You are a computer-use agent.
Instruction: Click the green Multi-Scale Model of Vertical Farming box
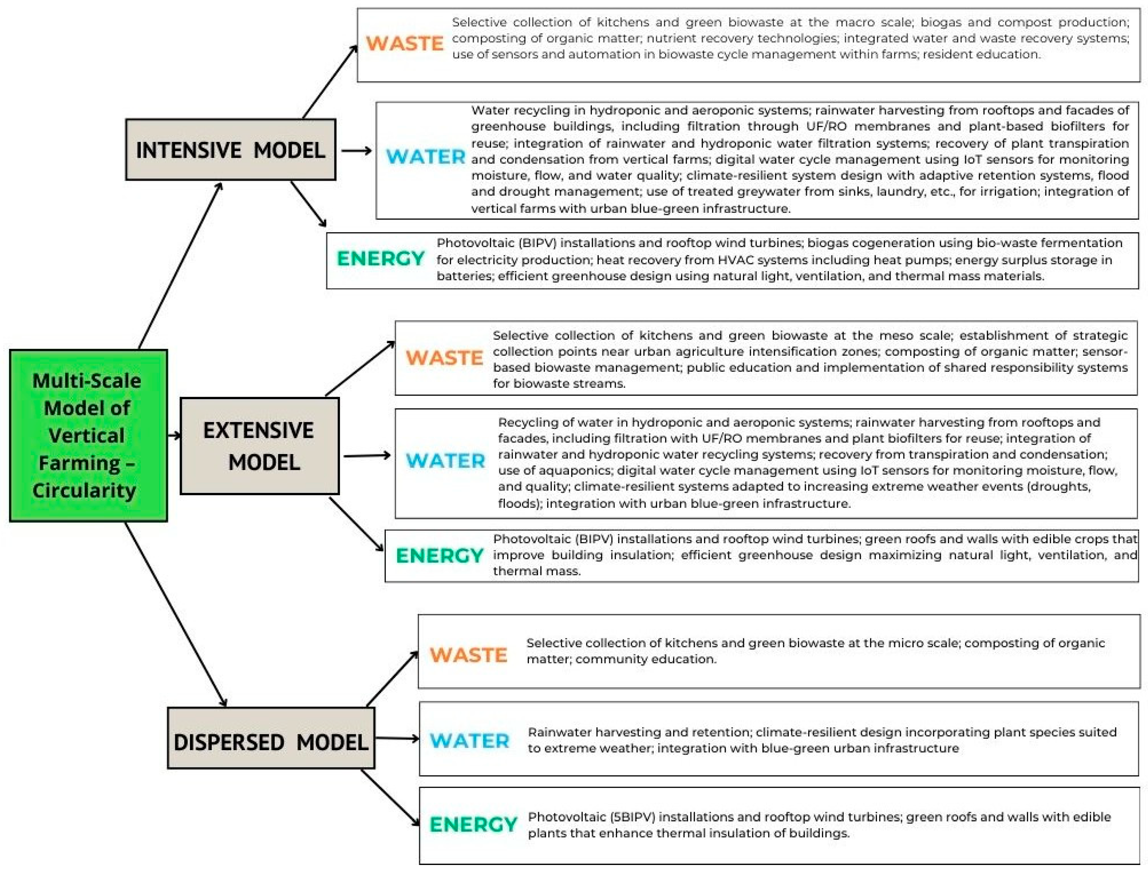tap(88, 435)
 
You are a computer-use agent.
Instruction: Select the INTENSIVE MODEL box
tap(231, 150)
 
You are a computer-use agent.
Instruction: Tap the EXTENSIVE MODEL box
tap(260, 446)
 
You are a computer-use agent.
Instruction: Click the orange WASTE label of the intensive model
tap(405, 43)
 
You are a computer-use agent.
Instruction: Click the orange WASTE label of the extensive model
tap(444, 358)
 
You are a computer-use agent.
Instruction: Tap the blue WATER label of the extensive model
tap(445, 461)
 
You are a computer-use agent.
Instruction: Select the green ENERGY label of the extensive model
tap(439, 556)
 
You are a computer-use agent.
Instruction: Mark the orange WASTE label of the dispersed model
tap(468, 655)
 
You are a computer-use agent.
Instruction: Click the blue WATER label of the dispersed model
tap(469, 741)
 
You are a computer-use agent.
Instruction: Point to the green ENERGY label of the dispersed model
tap(473, 824)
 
